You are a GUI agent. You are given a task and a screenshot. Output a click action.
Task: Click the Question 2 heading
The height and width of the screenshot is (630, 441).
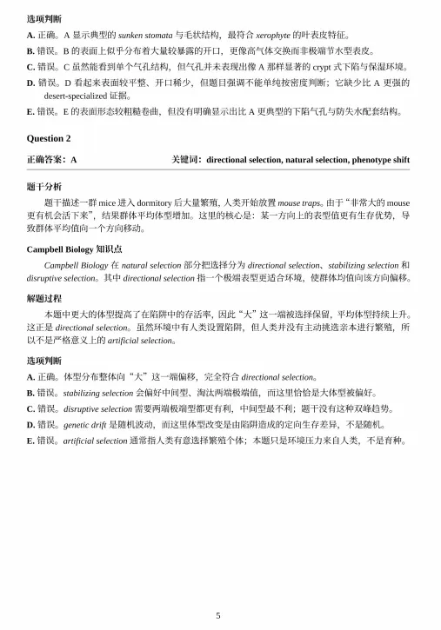[x=49, y=138]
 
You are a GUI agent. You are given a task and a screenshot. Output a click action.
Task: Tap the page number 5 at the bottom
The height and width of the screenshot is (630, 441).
[x=218, y=615]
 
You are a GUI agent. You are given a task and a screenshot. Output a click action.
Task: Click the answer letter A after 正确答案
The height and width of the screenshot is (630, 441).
[x=73, y=160]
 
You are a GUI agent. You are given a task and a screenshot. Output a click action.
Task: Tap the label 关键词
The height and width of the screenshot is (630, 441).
[x=188, y=160]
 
